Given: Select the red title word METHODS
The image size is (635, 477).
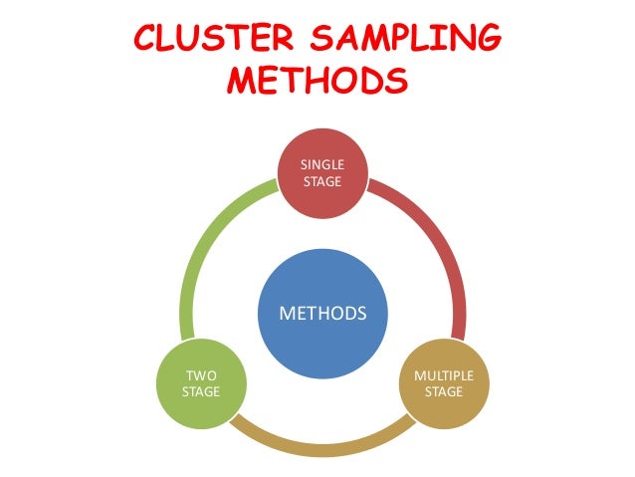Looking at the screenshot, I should coord(317,80).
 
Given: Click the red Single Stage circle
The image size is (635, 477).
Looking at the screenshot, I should coord(321,172).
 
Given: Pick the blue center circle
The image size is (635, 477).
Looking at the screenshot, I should coord(322,314).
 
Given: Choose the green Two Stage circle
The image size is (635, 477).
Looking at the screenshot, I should coord(200,383).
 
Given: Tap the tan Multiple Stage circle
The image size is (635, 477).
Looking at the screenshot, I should coord(443,383).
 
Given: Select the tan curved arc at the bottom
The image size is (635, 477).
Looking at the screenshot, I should coord(321,438).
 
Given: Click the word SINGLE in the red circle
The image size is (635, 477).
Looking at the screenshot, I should coord(321,164).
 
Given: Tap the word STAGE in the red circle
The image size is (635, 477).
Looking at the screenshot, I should coord(321,181).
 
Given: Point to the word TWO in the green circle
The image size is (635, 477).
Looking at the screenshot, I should coord(200,375).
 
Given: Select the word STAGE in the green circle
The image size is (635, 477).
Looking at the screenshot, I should coord(200,391).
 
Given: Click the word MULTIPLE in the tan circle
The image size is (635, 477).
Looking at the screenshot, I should coord(443,375).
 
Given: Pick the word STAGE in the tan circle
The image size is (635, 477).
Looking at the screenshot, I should coord(443,391).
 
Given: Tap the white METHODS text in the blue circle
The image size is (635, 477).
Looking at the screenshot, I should coord(322,314).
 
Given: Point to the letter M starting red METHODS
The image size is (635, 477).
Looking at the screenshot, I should coord(243,80).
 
